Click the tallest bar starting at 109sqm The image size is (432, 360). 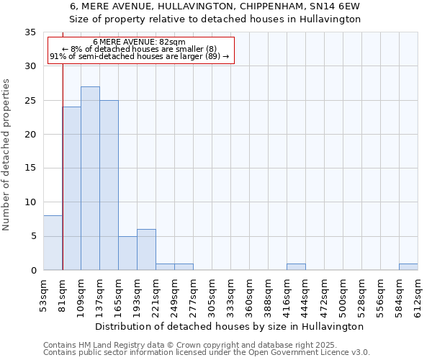(x=90, y=179)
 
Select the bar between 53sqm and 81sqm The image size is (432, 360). (x=53, y=243)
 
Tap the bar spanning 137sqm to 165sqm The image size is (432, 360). (x=109, y=185)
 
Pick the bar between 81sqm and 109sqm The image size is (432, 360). (x=71, y=189)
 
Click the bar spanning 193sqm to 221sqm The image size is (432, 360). (x=146, y=250)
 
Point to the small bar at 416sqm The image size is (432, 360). (x=296, y=267)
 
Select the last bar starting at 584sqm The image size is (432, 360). (x=408, y=267)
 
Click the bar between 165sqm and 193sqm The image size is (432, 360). (x=127, y=253)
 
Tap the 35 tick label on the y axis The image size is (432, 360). (x=30, y=32)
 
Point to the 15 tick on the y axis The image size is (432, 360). (x=30, y=168)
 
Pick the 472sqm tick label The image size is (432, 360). (x=325, y=295)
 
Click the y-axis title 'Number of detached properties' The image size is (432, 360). (x=6, y=155)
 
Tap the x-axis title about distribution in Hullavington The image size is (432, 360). (x=230, y=326)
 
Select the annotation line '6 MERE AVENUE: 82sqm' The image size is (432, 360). (x=139, y=42)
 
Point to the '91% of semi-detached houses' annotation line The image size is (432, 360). (x=139, y=56)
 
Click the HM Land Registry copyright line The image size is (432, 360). (x=189, y=346)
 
